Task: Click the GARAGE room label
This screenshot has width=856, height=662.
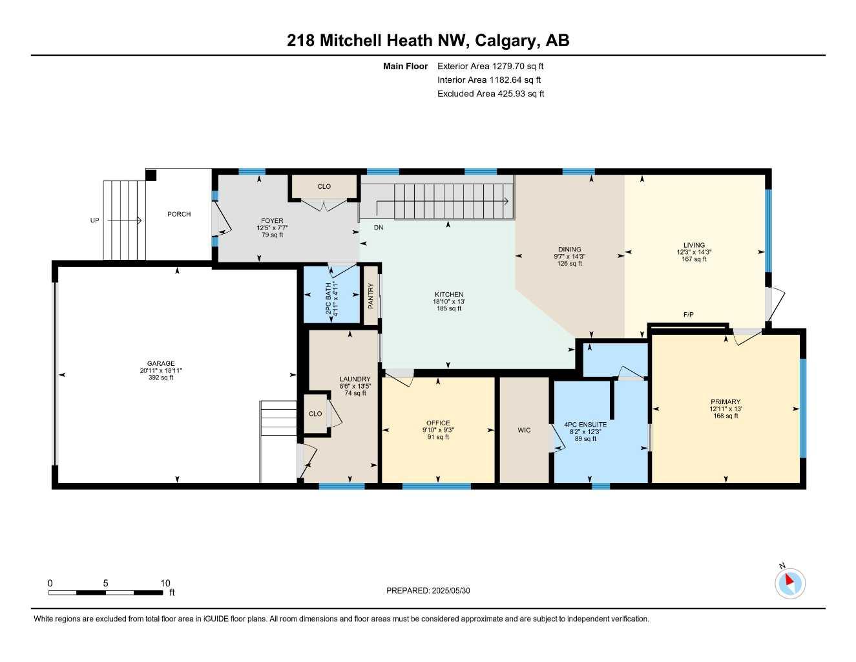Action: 160,364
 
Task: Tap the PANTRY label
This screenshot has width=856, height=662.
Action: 371,295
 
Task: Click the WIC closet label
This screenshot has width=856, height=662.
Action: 524,430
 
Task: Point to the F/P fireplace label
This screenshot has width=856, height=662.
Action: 689,315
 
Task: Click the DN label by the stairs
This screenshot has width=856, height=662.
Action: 379,228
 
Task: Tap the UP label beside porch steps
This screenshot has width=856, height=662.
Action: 95,220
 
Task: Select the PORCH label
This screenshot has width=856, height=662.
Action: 179,214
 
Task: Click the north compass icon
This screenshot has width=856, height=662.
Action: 789,583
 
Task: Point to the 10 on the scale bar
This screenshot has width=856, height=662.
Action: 165,582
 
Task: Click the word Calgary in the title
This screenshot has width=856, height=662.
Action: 505,41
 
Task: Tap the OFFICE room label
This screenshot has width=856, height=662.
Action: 438,423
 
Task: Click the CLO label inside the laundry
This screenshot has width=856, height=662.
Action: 315,414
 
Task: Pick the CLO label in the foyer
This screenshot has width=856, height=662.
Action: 324,186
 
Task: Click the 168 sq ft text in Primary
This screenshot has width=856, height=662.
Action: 726,416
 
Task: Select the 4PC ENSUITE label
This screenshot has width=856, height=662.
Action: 585,425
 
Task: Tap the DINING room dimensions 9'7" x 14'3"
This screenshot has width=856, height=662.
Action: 569,256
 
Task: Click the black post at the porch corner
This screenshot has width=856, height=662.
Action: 151,175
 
